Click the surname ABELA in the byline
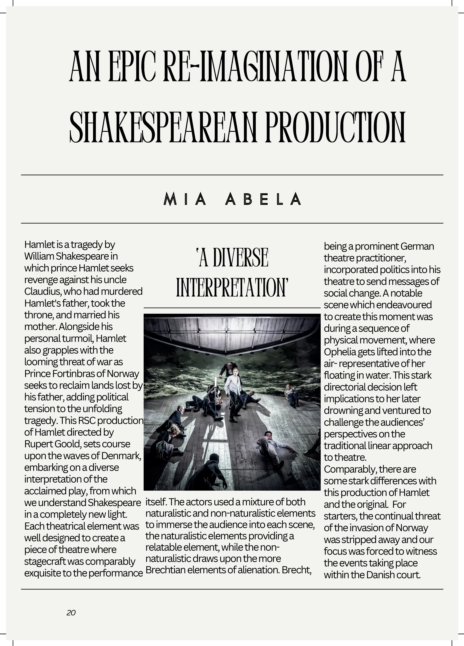[x=263, y=199]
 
